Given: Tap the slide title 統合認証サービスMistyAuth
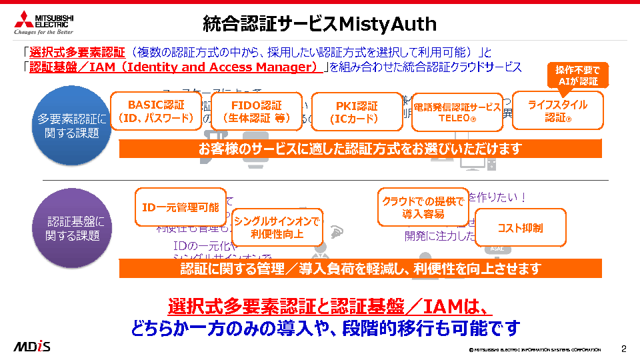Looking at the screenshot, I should coord(319,25).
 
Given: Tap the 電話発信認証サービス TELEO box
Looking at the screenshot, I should coord(457,112).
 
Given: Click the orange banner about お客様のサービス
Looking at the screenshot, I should coord(360,149).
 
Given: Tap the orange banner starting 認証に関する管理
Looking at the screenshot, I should coord(360,269).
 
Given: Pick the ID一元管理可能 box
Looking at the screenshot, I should coord(181,207).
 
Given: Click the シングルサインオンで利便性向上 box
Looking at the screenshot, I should coord(277,227).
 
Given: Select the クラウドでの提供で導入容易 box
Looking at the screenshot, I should coord(423,207).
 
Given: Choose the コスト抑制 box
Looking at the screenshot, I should coord(520,228).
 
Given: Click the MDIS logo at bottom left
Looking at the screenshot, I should coord(32,347).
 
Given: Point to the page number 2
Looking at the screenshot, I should coord(624,349).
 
